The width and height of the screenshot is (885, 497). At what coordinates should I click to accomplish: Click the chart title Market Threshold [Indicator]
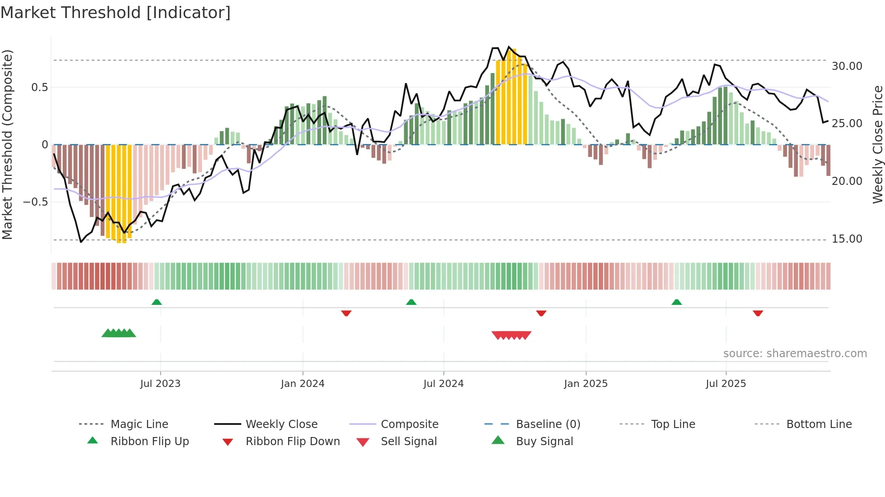coord(116,13)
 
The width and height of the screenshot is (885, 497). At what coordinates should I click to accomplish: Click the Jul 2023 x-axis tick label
coord(160,384)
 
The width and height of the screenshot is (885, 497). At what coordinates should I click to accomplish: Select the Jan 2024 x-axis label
coord(303,384)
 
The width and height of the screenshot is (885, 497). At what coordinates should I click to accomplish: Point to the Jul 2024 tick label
coord(443,384)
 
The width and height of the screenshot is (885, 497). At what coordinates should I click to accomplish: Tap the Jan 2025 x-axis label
coord(586,384)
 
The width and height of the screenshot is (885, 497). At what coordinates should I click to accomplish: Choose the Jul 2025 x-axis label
coord(726,384)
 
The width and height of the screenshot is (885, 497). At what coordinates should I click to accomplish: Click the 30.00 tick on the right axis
coord(847,66)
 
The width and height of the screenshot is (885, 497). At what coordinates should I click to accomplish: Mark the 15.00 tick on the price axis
coord(847,239)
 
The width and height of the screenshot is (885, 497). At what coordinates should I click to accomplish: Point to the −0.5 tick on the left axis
coord(36,202)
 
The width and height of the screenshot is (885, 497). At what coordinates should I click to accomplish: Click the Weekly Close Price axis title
coord(877,144)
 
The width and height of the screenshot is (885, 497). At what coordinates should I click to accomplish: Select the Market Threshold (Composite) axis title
coord(7,144)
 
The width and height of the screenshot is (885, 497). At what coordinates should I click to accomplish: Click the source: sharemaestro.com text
coord(795,354)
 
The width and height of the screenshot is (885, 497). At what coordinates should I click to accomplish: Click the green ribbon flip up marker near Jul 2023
coord(157,302)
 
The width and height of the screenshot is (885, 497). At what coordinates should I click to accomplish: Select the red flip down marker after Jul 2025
coord(758,313)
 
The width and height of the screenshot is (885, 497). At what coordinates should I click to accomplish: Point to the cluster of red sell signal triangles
coord(511,335)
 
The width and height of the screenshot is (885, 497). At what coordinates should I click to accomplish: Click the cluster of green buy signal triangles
coord(118,333)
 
